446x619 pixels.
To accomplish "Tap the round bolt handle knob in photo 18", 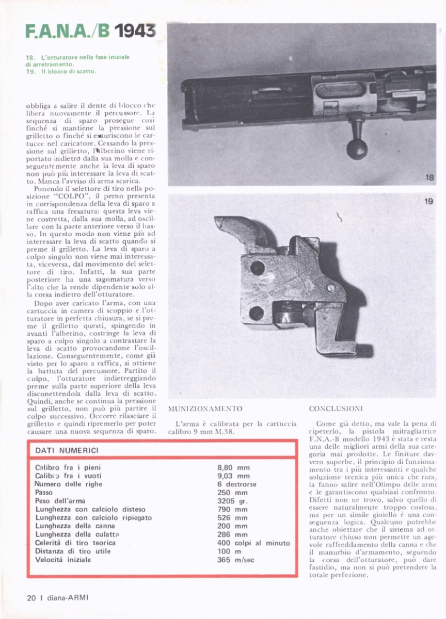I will (357, 149).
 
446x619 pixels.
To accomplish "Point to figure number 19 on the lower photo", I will (428, 202).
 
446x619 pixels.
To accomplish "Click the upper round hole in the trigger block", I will (257, 268).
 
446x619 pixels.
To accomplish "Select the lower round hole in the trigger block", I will (257, 313).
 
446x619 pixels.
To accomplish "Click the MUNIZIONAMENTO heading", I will (205, 409).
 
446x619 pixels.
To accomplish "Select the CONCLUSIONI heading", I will (336, 409).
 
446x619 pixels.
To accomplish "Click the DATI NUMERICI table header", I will (67, 450).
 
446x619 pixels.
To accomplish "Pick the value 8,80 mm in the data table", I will (234, 467).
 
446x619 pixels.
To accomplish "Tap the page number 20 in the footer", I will (30, 598).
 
